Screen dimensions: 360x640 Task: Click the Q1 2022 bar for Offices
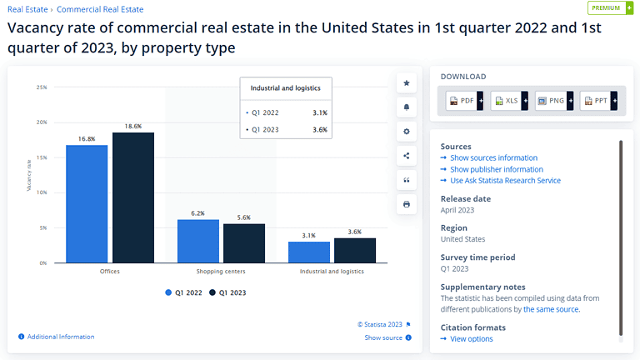[87, 204]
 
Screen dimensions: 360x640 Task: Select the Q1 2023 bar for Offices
[133, 197]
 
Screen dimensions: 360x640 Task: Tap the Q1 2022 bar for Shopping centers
[198, 241]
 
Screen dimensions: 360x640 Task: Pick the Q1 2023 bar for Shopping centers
[244, 243]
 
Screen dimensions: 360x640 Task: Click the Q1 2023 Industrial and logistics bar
[355, 250]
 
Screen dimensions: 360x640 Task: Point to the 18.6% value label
[133, 125]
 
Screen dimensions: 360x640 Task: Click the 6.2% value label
[197, 212]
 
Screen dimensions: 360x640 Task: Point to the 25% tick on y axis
[41, 87]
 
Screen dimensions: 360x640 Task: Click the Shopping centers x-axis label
[221, 272]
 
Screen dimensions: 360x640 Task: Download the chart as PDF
[462, 101]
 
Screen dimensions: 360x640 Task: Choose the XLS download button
[507, 101]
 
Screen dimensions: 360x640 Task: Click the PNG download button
[552, 101]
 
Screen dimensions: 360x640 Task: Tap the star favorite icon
[406, 83]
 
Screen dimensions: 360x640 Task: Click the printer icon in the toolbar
[406, 204]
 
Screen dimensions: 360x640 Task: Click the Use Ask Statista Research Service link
[505, 180]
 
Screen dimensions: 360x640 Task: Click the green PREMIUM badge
[610, 8]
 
